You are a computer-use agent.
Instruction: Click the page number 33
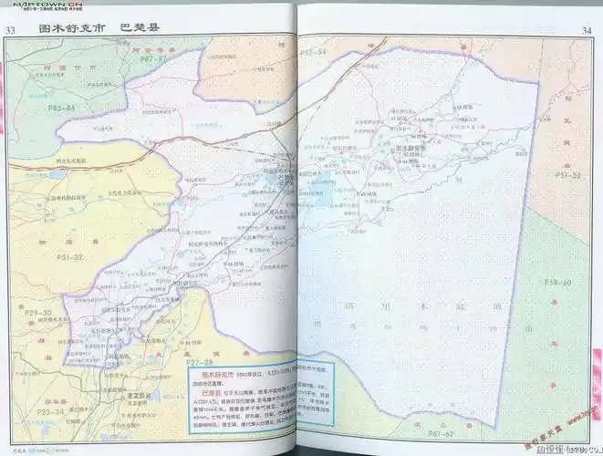point(12,30)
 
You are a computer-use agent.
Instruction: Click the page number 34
point(587,31)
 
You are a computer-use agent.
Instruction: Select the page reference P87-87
point(153,58)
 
